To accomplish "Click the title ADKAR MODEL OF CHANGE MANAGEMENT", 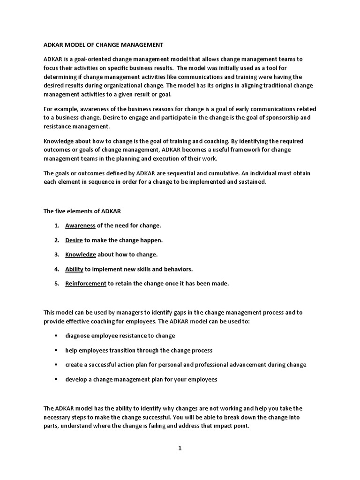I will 104,45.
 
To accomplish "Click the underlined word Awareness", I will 80,225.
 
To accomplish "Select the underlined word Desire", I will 74,240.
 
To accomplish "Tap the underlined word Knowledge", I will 81,255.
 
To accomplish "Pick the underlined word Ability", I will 74,269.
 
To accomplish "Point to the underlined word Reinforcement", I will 86,284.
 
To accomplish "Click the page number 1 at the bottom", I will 180,448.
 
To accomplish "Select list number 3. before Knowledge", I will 56,255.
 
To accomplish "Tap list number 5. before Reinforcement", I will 56,284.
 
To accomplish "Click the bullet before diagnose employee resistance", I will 55,336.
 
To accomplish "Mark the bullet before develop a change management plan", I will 55,379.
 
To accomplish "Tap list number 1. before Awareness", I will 56,225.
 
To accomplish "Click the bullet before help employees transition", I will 55,350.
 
